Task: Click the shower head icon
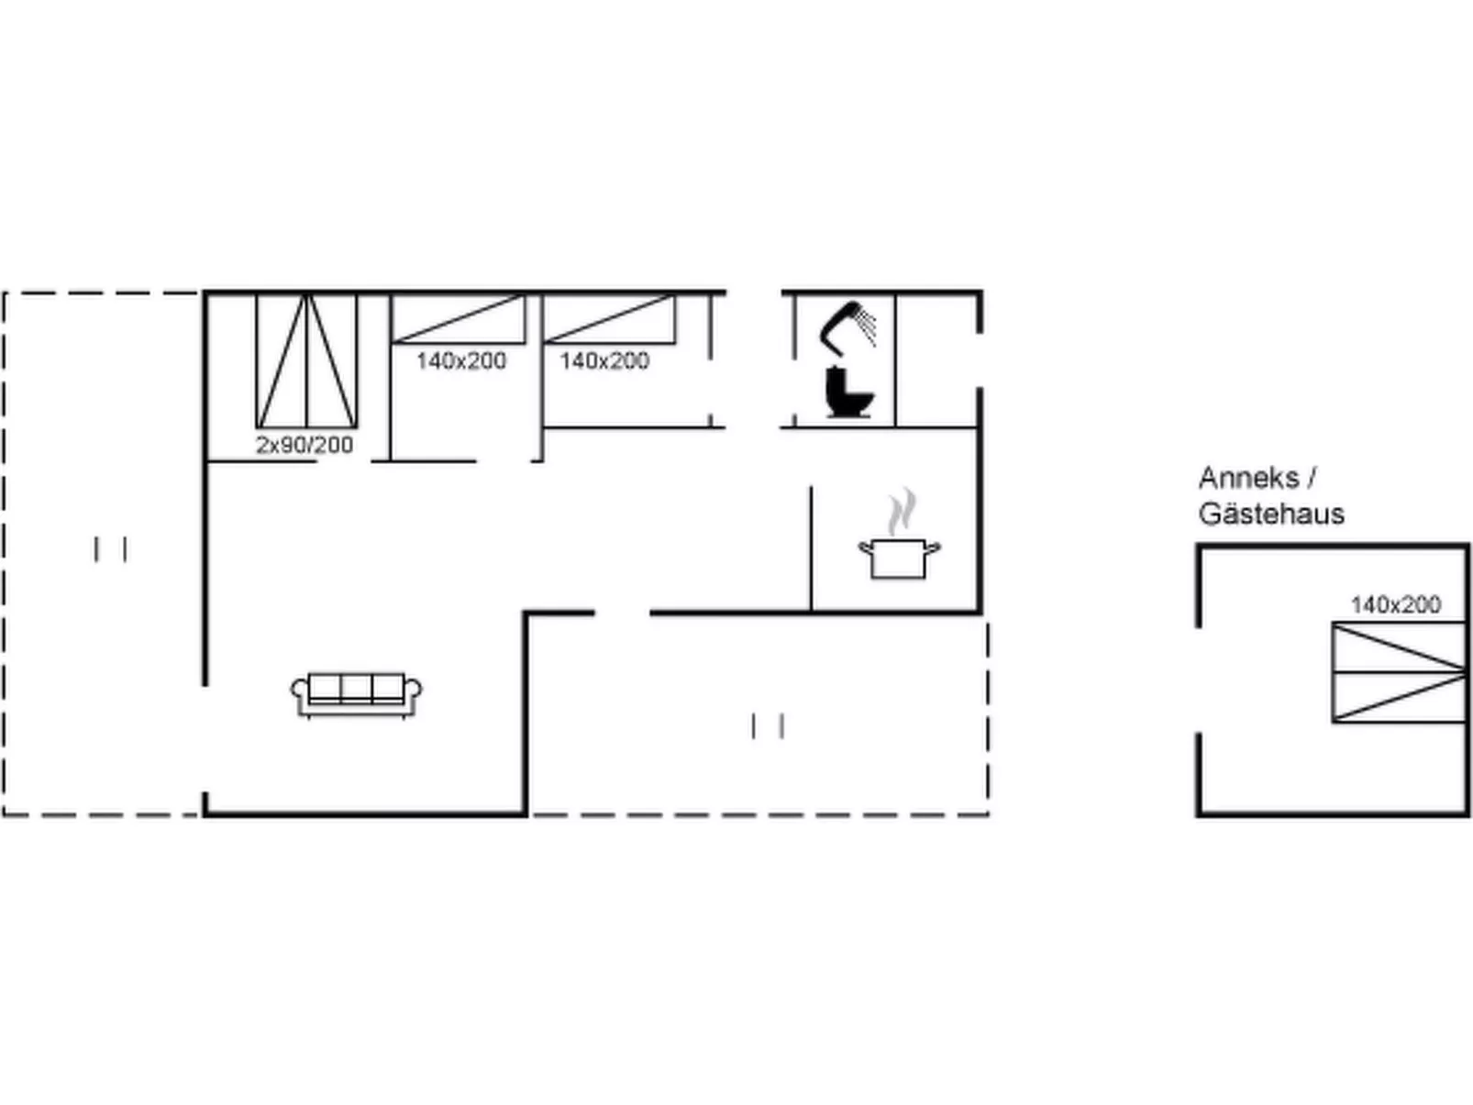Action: [x=847, y=328]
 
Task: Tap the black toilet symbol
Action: [x=849, y=392]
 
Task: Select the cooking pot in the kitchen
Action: [x=899, y=558]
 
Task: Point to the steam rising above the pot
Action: [x=902, y=512]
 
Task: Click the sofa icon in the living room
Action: [x=357, y=695]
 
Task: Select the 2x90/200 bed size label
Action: [x=305, y=445]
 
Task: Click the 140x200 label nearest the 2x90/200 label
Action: [x=461, y=361]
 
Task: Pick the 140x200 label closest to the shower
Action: [x=604, y=361]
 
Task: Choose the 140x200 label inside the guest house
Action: [x=1396, y=604]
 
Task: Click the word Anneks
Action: [x=1249, y=478]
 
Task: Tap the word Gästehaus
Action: [x=1272, y=514]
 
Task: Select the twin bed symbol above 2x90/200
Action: [x=306, y=361]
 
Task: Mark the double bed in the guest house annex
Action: [x=1400, y=672]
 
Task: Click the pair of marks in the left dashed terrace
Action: [x=111, y=548]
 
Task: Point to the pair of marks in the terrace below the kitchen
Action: [x=769, y=726]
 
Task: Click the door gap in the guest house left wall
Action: [x=1199, y=680]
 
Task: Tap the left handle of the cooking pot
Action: [x=865, y=547]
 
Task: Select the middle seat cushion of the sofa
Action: [x=356, y=686]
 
